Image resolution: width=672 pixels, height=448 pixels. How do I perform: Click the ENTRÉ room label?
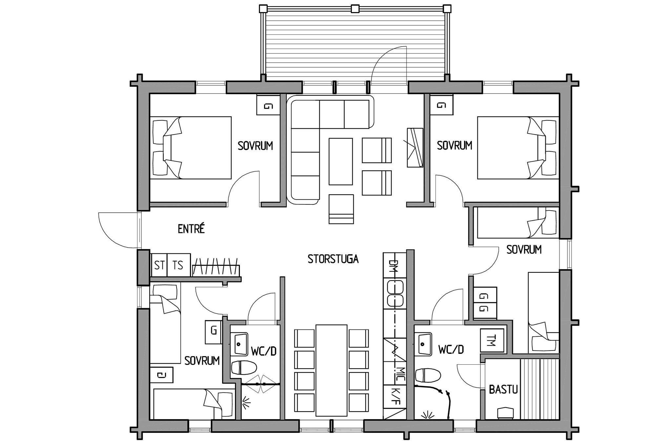[x=191, y=229]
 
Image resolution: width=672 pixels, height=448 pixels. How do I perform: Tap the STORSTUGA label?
[x=333, y=259]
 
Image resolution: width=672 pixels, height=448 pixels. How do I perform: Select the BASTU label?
[x=503, y=390]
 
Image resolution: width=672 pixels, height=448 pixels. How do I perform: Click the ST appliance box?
[x=159, y=265]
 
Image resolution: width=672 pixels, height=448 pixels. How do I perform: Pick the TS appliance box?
[x=179, y=265]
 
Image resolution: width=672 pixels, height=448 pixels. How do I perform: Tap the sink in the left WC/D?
[x=239, y=344]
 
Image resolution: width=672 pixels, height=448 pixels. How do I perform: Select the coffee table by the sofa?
[x=341, y=161]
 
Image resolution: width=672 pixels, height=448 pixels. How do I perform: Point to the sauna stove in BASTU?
[x=505, y=413]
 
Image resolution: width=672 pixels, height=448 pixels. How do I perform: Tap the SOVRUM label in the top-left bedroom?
[x=255, y=146]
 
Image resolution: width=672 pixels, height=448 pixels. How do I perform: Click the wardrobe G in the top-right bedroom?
[x=442, y=105]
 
